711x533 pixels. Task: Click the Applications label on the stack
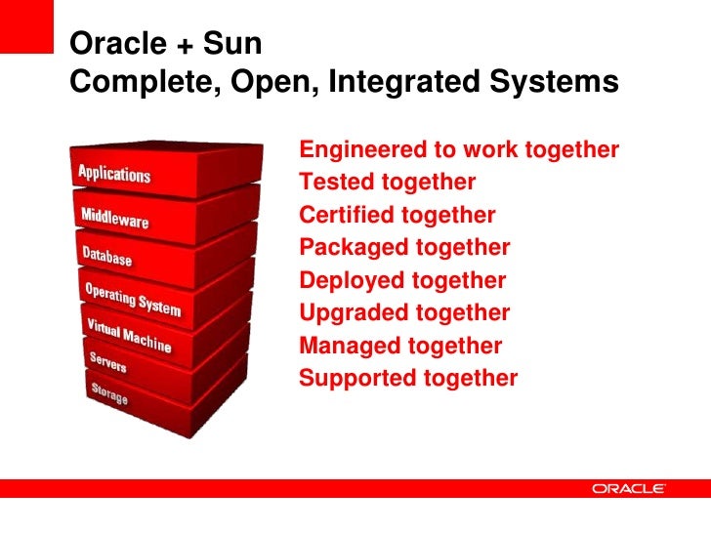[114, 175]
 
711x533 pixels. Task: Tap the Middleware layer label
[114, 217]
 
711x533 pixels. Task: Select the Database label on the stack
[106, 257]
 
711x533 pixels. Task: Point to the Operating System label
[133, 299]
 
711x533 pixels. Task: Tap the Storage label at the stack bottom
[109, 394]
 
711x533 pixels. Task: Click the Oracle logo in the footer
[629, 488]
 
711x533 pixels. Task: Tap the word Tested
[336, 183]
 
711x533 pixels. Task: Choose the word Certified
[346, 215]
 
